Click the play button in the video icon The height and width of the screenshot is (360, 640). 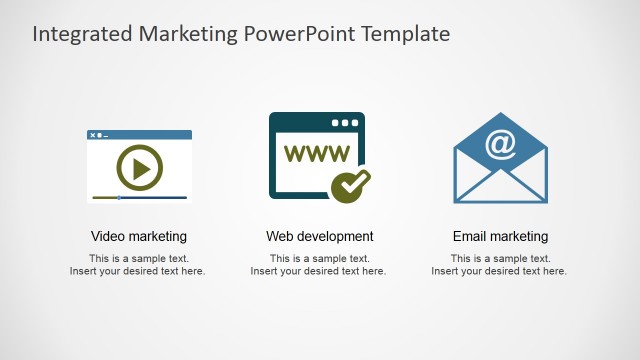(139, 168)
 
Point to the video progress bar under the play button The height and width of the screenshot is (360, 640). (139, 198)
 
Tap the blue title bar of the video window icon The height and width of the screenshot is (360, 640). (139, 134)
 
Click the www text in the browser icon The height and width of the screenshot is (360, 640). (317, 154)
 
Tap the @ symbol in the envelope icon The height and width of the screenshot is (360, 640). (500, 144)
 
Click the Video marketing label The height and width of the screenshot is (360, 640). (139, 237)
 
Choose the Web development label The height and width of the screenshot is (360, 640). (319, 237)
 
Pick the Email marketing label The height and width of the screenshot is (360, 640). (500, 237)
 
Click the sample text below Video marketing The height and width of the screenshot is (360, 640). (138, 265)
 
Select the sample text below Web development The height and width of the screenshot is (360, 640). (318, 265)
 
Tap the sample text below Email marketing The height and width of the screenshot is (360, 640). (499, 265)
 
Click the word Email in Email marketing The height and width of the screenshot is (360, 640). (470, 237)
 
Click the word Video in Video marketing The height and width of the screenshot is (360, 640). (108, 237)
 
